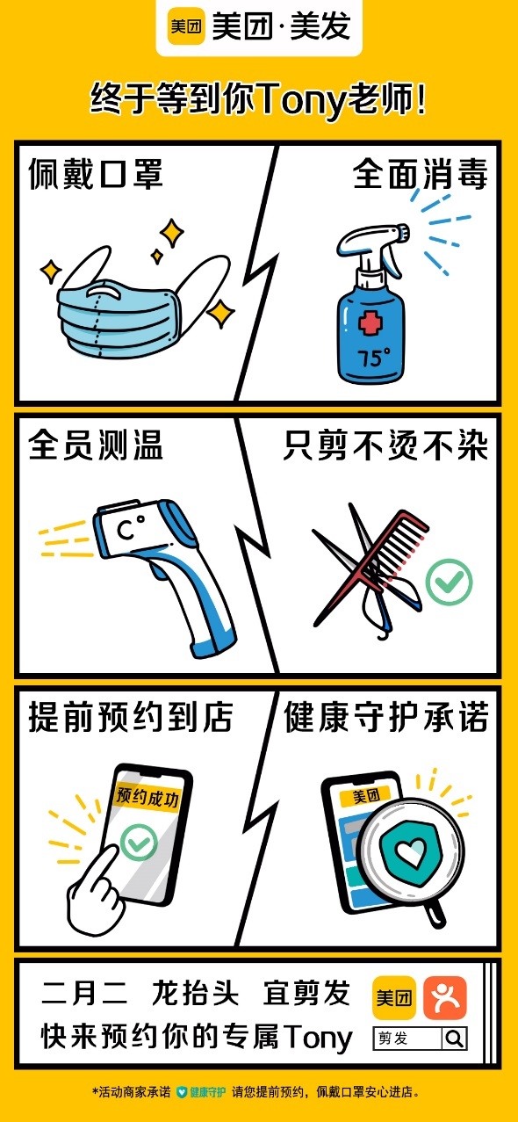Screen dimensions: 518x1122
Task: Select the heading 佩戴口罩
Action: (x=96, y=175)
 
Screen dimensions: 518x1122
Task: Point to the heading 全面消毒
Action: (x=421, y=175)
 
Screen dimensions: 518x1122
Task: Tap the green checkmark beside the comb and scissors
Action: (x=449, y=582)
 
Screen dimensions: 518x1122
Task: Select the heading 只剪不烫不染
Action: (x=385, y=445)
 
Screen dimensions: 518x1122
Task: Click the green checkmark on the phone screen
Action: (x=139, y=843)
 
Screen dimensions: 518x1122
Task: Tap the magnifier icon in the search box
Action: (x=455, y=1039)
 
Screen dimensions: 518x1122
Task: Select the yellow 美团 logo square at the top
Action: (x=186, y=26)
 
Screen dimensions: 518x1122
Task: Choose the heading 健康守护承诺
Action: (x=386, y=717)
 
